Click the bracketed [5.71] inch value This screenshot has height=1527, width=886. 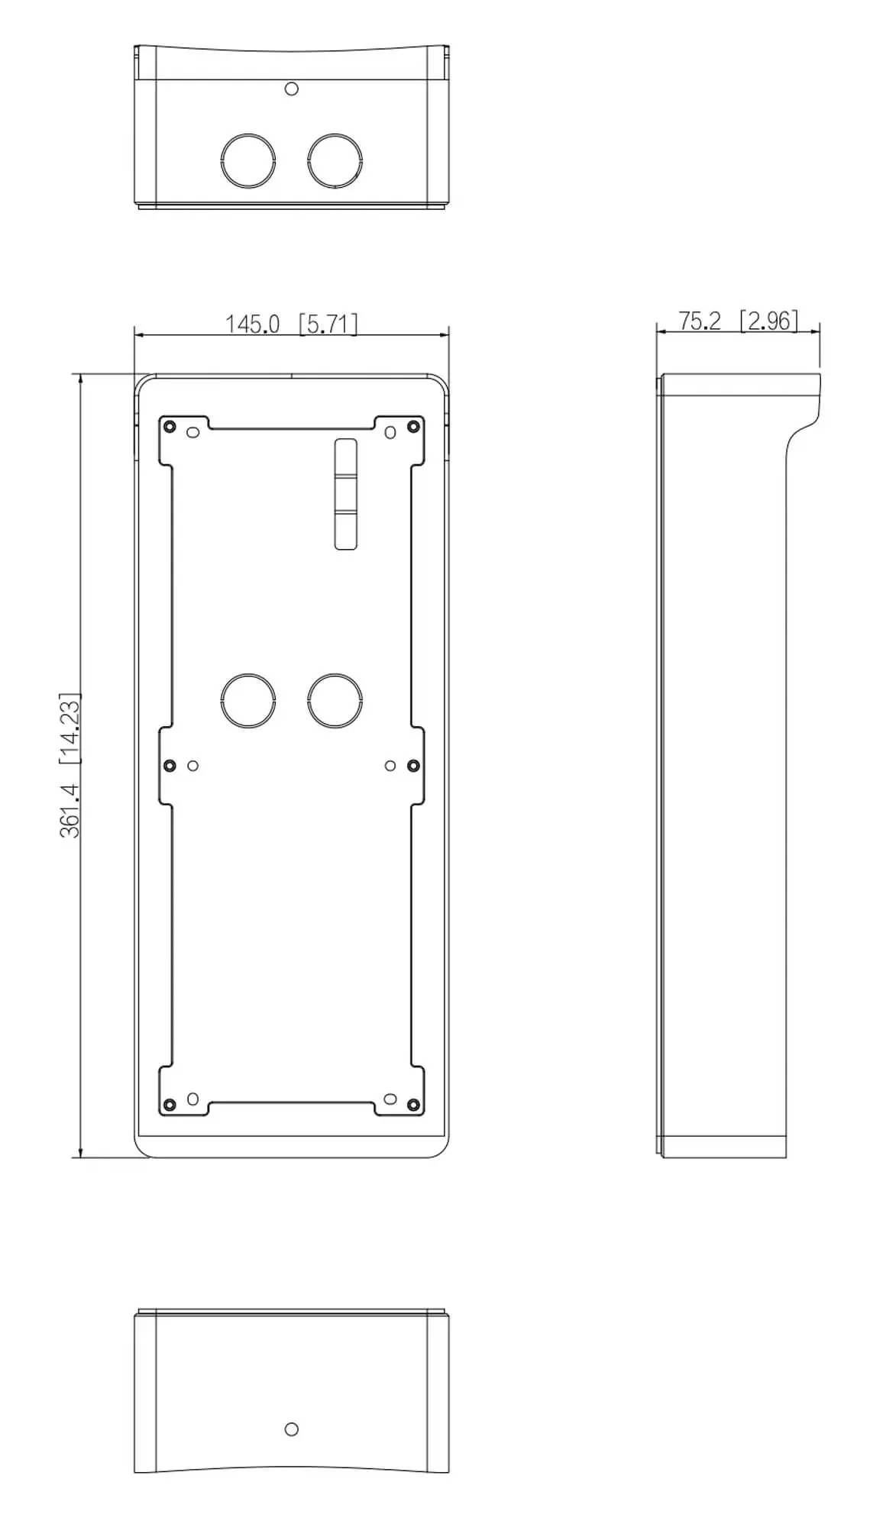[x=328, y=324]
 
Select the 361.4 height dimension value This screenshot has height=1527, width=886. [x=70, y=810]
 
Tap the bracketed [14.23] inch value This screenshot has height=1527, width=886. [x=70, y=729]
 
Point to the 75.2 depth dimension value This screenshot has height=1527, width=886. [x=699, y=321]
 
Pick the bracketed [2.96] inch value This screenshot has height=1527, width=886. [x=768, y=321]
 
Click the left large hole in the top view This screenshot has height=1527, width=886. [x=248, y=161]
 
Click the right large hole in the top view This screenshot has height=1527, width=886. [x=335, y=161]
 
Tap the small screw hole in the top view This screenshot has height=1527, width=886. [x=291, y=89]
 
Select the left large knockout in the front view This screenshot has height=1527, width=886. [x=248, y=700]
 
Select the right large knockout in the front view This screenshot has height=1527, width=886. [x=335, y=700]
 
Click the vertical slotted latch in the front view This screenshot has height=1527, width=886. [x=345, y=494]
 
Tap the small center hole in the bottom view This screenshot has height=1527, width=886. [x=291, y=1429]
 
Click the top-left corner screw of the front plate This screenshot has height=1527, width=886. [x=170, y=425]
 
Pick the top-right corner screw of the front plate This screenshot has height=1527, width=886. [x=413, y=425]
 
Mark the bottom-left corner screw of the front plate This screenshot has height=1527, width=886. [x=170, y=1104]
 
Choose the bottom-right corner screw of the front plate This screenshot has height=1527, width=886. [x=413, y=1104]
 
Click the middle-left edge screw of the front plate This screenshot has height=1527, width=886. [x=170, y=765]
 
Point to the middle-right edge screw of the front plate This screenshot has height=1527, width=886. [x=413, y=765]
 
